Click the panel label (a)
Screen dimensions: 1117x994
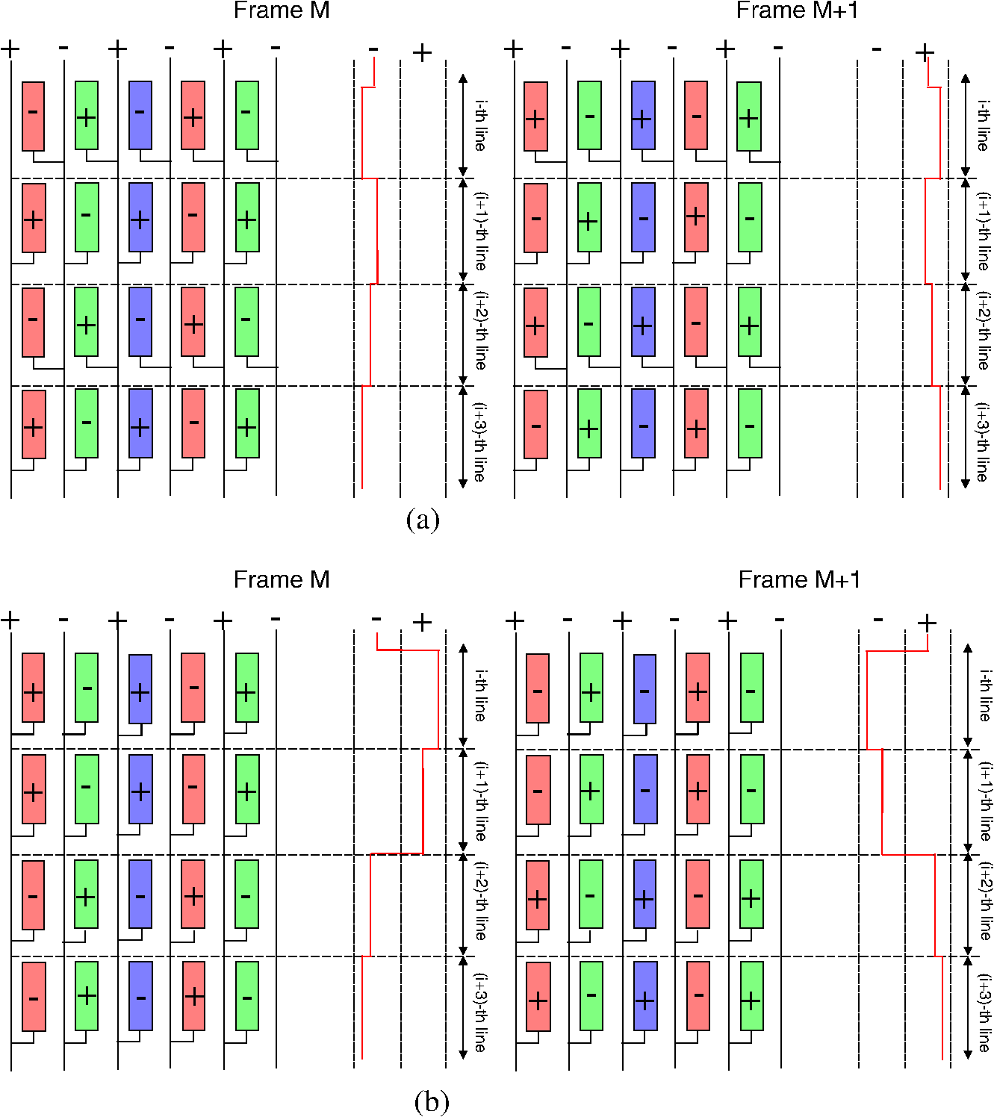[423, 519]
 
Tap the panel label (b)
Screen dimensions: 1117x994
[432, 1101]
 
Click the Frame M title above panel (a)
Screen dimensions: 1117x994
[282, 10]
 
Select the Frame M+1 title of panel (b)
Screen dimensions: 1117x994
[799, 579]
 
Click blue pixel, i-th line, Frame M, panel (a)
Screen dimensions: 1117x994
[140, 115]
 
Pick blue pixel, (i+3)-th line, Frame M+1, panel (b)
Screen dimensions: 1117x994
[645, 996]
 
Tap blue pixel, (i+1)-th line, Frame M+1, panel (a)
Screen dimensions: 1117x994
[644, 217]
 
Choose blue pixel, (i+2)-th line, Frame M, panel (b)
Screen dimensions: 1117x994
[140, 894]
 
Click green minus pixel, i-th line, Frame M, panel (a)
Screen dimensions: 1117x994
[247, 115]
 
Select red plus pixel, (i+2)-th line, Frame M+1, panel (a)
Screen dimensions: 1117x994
[535, 322]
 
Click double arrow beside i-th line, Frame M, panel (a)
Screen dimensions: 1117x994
[463, 125]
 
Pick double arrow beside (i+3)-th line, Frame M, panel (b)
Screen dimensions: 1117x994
[463, 1008]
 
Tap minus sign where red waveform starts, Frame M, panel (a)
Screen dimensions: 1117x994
[373, 50]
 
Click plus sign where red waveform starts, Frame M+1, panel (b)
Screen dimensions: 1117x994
[927, 622]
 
